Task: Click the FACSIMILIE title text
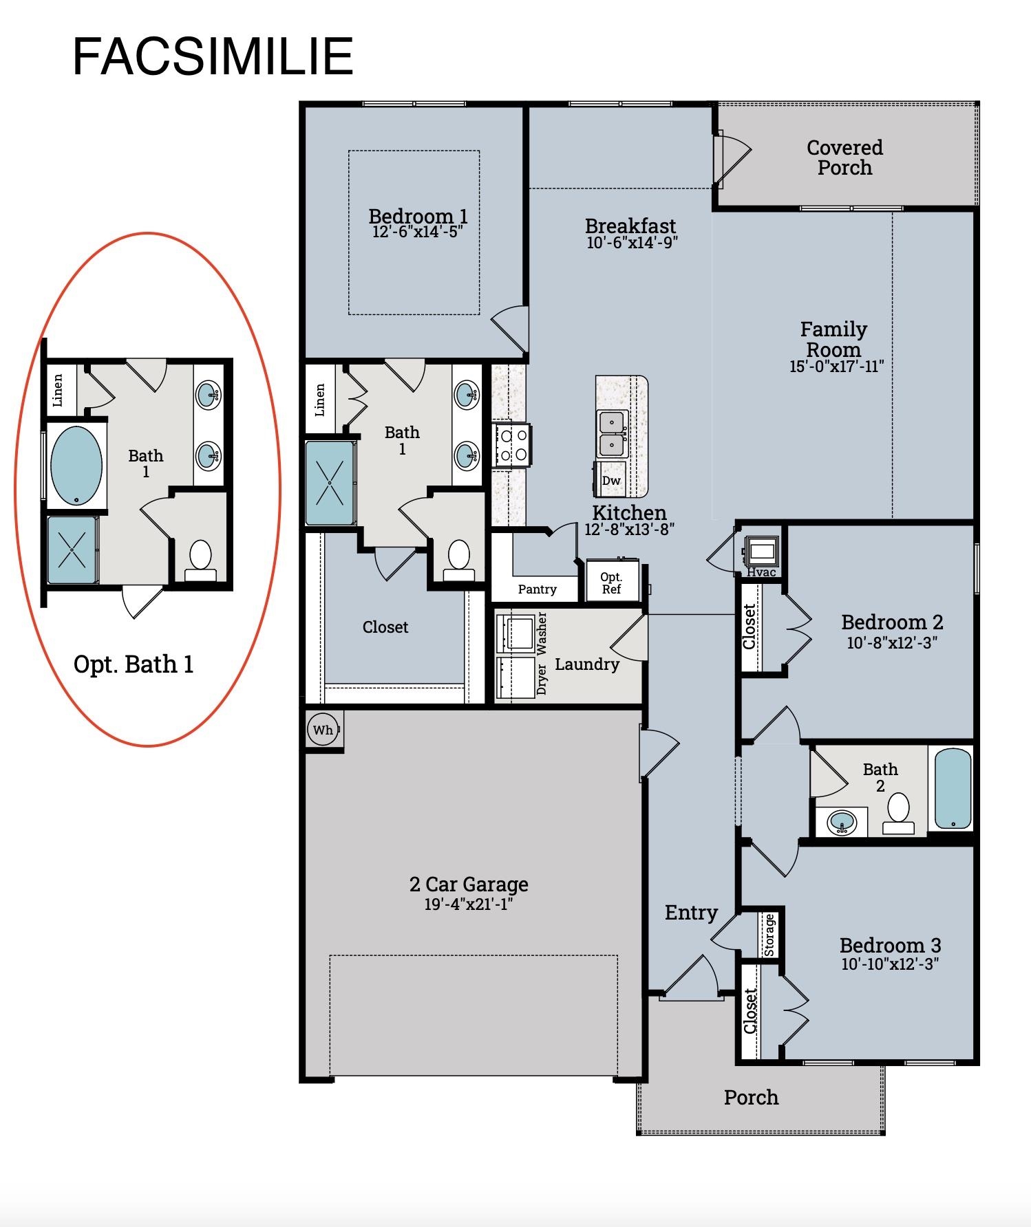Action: point(213,56)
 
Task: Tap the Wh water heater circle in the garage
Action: point(323,730)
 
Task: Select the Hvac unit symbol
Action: point(762,551)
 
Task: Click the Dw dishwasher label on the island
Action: point(611,480)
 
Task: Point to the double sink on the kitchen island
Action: point(612,433)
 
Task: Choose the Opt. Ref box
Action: point(612,582)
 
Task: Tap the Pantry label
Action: point(537,589)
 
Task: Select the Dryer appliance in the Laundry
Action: point(515,677)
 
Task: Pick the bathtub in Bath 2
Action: point(953,788)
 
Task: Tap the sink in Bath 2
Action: point(842,822)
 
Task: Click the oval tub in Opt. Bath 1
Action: point(76,466)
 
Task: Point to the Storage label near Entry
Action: point(769,935)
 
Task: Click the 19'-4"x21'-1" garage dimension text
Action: point(469,904)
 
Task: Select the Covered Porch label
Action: point(844,158)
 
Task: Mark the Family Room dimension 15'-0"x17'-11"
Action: point(836,366)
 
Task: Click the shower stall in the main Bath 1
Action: point(330,483)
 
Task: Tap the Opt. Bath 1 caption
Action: point(134,664)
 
